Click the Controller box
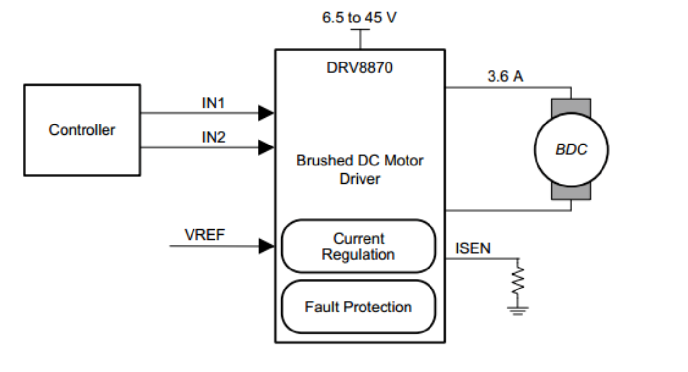pos(82,130)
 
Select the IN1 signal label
pos(214,103)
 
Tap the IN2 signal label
pos(214,138)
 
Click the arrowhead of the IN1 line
pos(266,113)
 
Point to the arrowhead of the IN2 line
pos(266,147)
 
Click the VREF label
pos(205,235)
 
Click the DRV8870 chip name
pos(359,67)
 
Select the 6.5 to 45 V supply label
pos(359,18)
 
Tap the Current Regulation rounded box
pos(358,246)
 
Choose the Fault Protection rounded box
pos(358,307)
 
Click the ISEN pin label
pos(473,248)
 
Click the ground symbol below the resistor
pos(517,310)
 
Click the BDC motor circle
pos(571,149)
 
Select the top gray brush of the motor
pos(571,106)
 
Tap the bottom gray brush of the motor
pos(571,192)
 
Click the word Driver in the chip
pos(359,179)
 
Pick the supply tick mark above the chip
pos(360,30)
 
